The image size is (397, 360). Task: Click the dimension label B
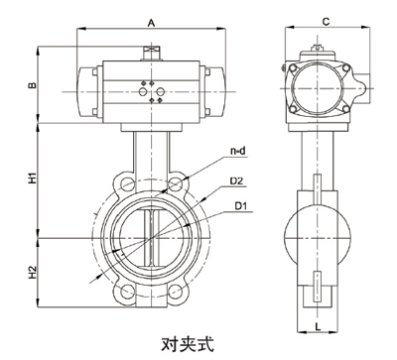(x=32, y=85)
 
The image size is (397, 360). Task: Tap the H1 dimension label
(x=32, y=180)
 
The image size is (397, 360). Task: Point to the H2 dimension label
(x=32, y=271)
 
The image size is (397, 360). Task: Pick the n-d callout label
(x=236, y=151)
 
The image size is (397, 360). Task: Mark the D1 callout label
(x=241, y=206)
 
